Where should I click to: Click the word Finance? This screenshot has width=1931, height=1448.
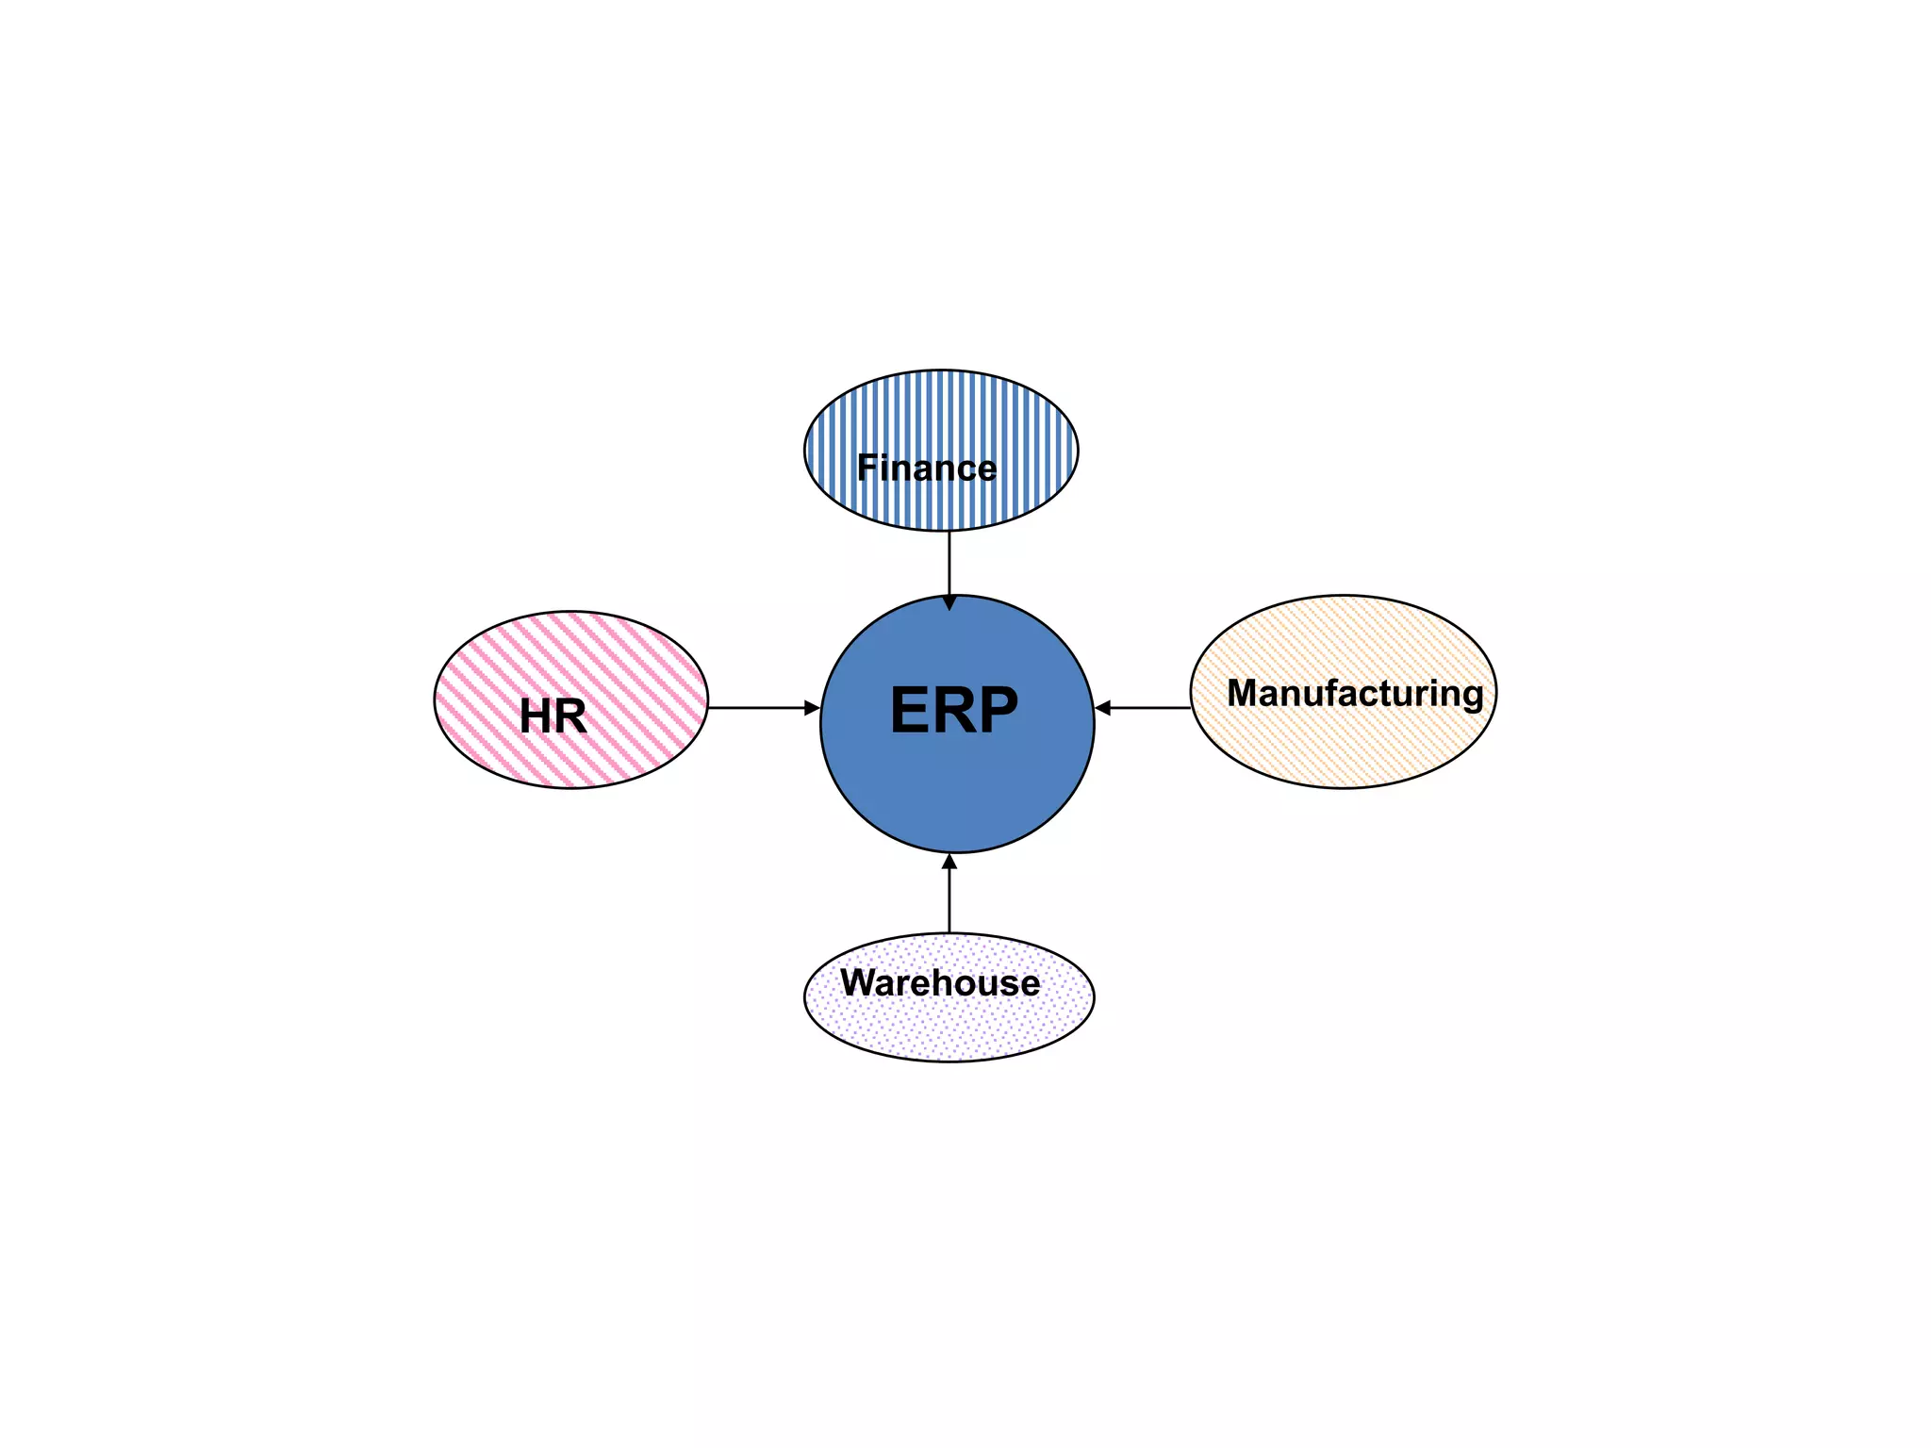[x=926, y=468]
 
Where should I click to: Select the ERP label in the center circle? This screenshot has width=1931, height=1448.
[x=953, y=711]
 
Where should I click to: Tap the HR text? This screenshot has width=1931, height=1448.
[x=553, y=716]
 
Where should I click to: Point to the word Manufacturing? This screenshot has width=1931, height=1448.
[x=1355, y=693]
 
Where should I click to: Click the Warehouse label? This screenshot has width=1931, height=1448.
[x=940, y=982]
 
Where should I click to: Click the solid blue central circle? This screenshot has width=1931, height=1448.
[x=957, y=792]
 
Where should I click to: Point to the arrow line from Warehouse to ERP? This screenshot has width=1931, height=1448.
[x=949, y=900]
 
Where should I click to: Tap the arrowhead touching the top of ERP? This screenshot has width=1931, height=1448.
[x=949, y=602]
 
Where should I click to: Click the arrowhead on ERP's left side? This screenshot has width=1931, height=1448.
[x=812, y=707]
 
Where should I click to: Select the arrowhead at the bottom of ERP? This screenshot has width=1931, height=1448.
[x=949, y=862]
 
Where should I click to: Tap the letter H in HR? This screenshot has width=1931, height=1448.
[x=536, y=716]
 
